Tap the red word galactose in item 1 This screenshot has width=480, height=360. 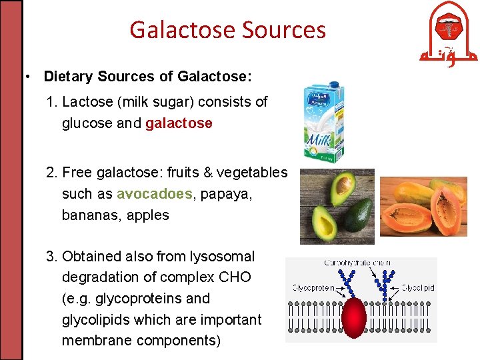pos(179,123)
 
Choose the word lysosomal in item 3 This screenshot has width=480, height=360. pos(221,256)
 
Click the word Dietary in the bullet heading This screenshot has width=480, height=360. pos(69,77)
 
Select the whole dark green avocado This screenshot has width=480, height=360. pos(361,213)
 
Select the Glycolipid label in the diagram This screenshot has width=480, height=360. pos(419,288)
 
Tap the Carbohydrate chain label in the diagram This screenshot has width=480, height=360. pos(357,263)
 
